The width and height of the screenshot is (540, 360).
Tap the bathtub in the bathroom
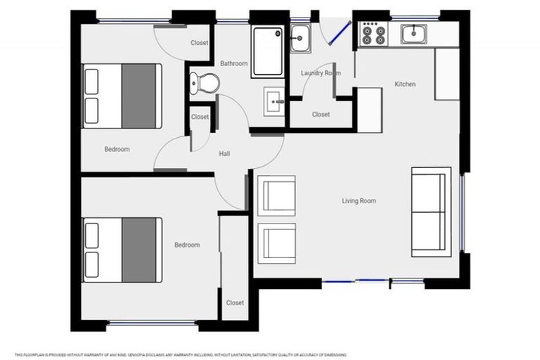pos(268,51)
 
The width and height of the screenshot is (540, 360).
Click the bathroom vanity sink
pos(274,102)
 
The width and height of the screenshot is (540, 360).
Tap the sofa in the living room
pos(430,212)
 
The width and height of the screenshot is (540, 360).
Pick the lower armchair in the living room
pos(278,243)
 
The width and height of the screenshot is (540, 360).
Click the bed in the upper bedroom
pos(122,96)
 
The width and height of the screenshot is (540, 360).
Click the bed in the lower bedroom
pos(122,250)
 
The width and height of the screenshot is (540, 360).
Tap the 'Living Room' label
pos(359,201)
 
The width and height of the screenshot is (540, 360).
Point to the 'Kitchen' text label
pos(405,84)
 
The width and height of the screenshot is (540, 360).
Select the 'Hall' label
pos(224,153)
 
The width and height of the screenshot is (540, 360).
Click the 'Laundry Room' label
pos(321,73)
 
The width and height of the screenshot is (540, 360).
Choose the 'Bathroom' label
pos(233,63)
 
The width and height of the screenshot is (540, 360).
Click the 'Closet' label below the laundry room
pos(321,114)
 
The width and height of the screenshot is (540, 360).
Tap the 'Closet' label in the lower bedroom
pos(235,303)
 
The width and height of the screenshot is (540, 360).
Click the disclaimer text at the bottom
pos(180,354)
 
